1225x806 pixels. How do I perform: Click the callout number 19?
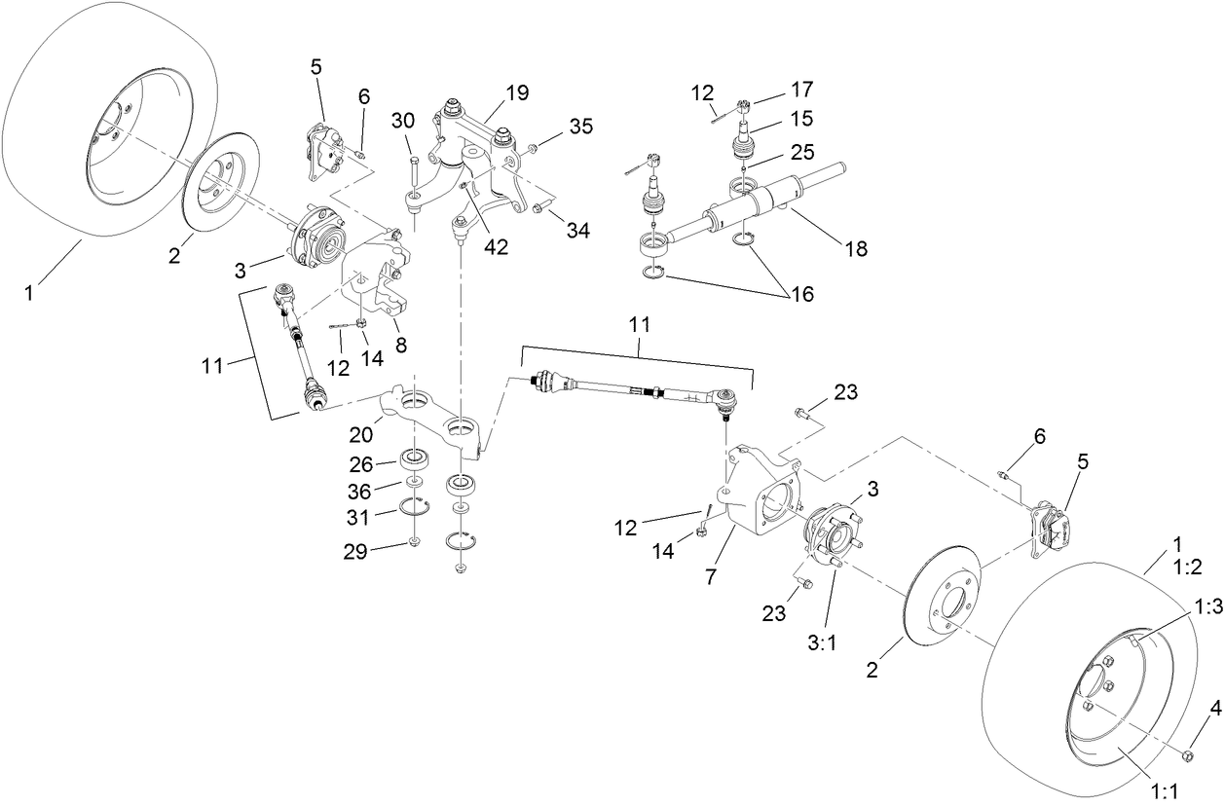(x=518, y=92)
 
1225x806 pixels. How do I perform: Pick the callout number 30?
(x=403, y=120)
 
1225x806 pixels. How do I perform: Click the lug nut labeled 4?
(x=1187, y=755)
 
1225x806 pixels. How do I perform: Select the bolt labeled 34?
(x=538, y=206)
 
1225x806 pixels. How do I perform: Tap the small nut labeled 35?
(x=533, y=148)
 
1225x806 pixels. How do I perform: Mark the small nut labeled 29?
(x=415, y=541)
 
